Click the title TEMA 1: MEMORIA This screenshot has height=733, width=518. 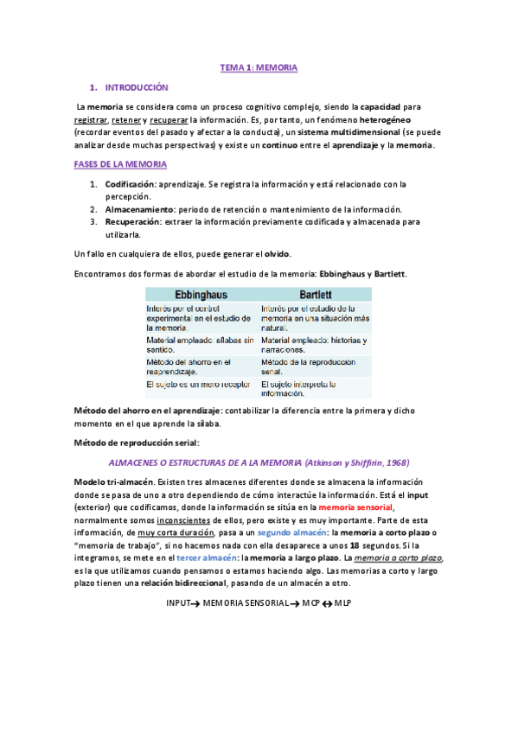pos(259,67)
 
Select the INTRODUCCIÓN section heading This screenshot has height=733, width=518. pos(136,87)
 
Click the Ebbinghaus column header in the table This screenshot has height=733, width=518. pos(201,293)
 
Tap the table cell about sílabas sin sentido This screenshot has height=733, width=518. pos(201,345)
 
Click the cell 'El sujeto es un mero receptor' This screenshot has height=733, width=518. pos(201,383)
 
